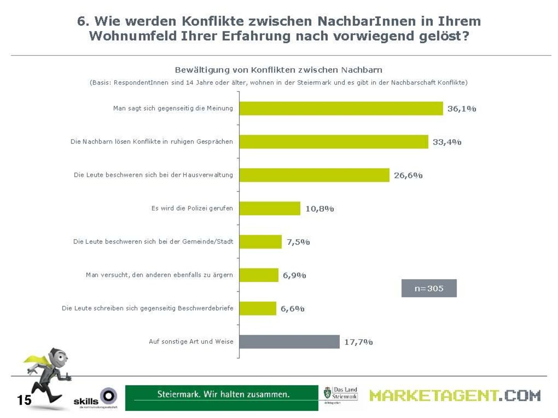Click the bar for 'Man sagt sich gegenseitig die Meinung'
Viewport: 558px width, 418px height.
(341, 108)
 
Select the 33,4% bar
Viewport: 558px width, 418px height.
(334, 142)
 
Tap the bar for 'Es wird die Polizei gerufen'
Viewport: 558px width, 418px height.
(270, 208)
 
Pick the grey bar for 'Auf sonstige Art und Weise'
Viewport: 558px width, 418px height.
(289, 342)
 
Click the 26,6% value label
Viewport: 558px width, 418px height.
(408, 175)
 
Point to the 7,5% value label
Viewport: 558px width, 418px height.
(298, 242)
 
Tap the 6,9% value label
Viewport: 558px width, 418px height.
(294, 275)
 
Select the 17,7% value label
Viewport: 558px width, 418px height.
(358, 342)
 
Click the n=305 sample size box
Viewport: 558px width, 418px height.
(429, 288)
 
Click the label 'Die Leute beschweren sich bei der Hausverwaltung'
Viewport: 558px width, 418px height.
(153, 175)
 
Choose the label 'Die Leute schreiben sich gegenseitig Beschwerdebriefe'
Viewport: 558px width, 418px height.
(148, 308)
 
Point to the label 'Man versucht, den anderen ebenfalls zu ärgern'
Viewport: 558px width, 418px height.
(159, 275)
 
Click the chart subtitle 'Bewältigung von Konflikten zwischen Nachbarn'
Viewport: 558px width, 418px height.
(279, 70)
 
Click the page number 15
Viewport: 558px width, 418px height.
(24, 400)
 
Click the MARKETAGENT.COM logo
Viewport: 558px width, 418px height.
(455, 396)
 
